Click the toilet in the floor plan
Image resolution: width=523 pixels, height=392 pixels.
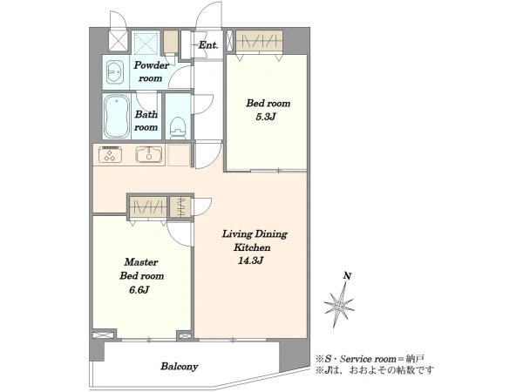pyautogui.click(x=178, y=128)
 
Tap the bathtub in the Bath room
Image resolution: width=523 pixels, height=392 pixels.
pyautogui.click(x=117, y=117)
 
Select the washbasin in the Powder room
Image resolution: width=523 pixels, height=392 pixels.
pyautogui.click(x=115, y=72)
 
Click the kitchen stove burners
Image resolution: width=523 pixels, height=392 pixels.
pyautogui.click(x=110, y=155)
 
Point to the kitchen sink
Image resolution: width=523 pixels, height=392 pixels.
pyautogui.click(x=149, y=155)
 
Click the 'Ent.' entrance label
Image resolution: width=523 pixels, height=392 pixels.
pyautogui.click(x=208, y=45)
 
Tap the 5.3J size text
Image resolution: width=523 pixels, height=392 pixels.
pyautogui.click(x=266, y=117)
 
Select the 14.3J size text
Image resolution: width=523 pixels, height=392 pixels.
pyautogui.click(x=251, y=260)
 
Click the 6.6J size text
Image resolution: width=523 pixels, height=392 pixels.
pyautogui.click(x=139, y=290)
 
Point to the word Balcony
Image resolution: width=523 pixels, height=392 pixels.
pyautogui.click(x=180, y=367)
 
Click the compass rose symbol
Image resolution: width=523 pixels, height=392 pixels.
pyautogui.click(x=339, y=305)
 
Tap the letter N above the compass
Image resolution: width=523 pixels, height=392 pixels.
pyautogui.click(x=348, y=276)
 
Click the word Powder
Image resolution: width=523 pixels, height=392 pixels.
pyautogui.click(x=152, y=65)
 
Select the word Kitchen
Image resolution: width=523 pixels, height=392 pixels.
pyautogui.click(x=252, y=247)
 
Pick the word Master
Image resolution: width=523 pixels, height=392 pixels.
pyautogui.click(x=141, y=262)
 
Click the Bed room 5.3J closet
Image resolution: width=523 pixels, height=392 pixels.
pyautogui.click(x=259, y=42)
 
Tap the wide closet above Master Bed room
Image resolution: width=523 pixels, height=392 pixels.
pyautogui.click(x=147, y=207)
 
